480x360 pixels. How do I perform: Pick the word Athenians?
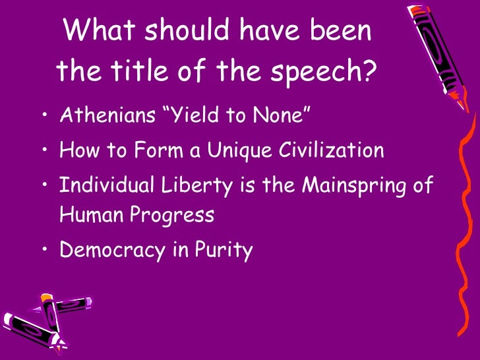coord(111,117)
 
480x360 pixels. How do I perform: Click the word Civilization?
coord(329,151)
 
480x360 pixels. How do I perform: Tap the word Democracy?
coord(113,250)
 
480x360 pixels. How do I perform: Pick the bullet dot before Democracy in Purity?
coord(44,251)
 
